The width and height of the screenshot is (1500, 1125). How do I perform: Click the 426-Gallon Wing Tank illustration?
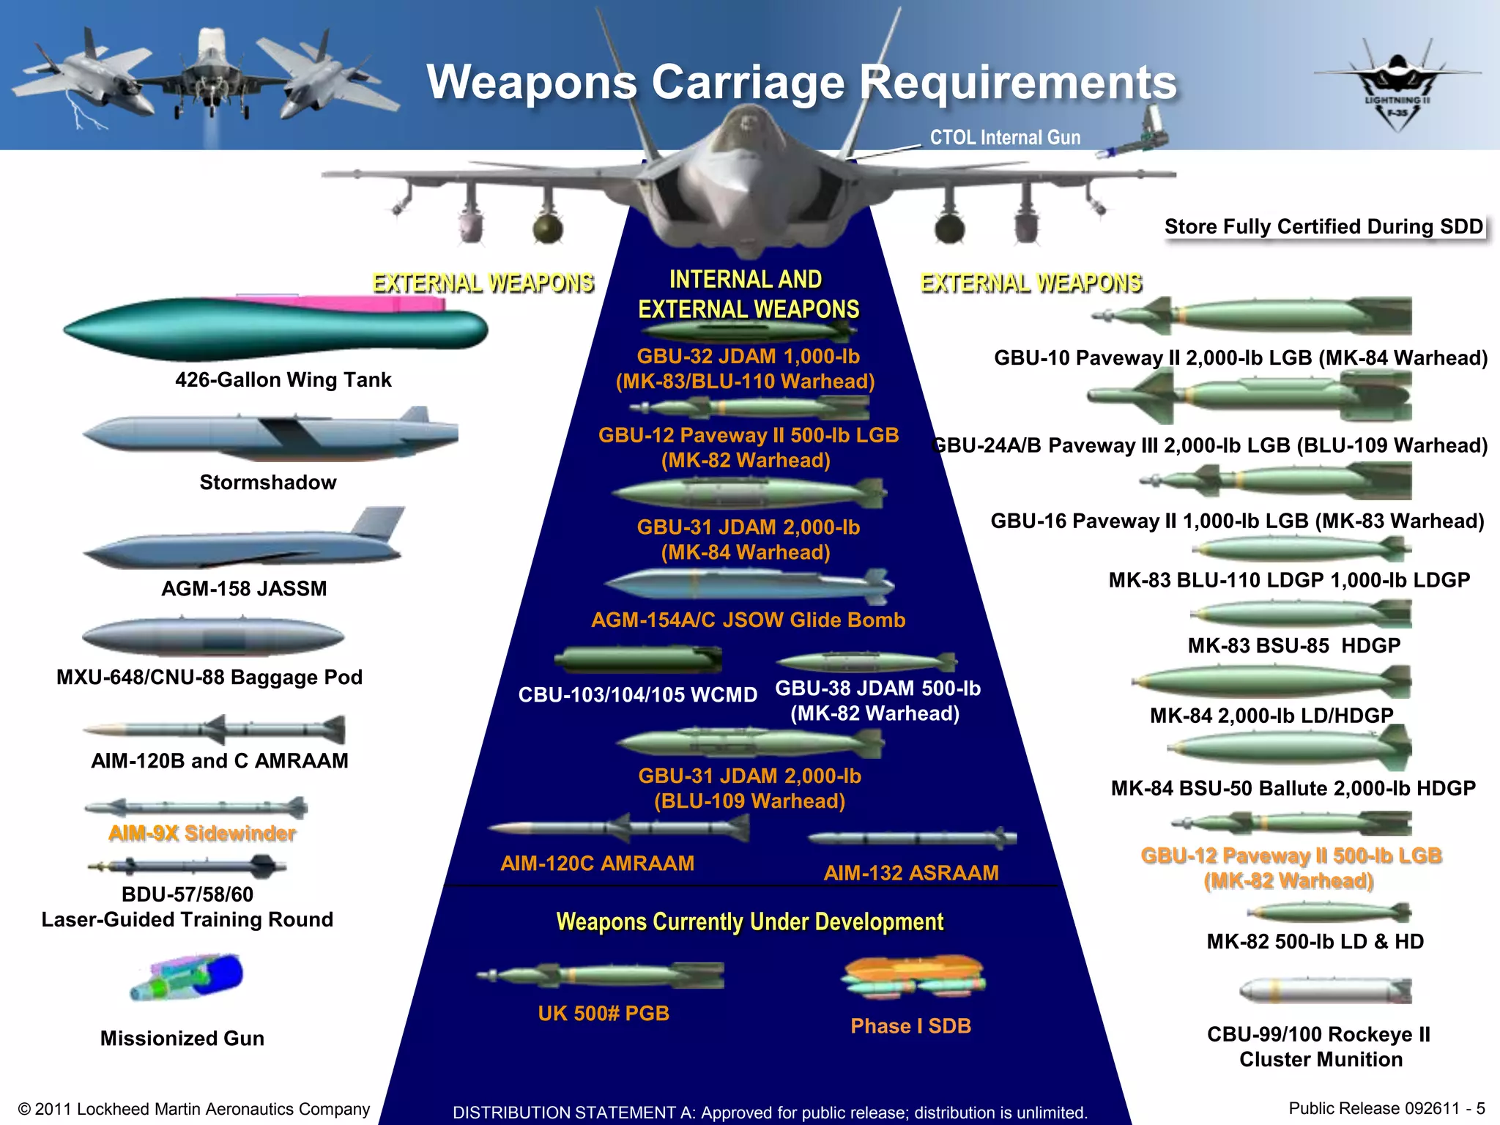point(275,328)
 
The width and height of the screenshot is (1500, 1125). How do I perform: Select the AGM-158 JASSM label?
point(244,589)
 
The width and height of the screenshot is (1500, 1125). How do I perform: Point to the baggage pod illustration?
point(212,637)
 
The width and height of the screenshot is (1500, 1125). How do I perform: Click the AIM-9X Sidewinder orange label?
point(202,833)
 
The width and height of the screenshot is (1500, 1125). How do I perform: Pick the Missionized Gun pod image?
point(187,977)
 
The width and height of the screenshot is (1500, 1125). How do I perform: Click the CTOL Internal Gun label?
point(1005,138)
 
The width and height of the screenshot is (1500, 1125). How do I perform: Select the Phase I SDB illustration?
point(914,977)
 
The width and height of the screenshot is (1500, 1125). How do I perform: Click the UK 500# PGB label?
point(604,1014)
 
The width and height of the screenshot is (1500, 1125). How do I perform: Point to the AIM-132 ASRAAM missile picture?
point(912,838)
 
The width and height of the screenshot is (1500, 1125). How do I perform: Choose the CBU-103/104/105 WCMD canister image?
point(637,659)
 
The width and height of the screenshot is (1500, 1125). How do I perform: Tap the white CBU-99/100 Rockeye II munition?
point(1324,991)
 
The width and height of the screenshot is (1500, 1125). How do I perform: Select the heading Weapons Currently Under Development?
point(750,921)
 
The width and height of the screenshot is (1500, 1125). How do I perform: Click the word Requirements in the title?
point(1017,82)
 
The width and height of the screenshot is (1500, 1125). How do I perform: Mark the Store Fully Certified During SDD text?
point(1323,227)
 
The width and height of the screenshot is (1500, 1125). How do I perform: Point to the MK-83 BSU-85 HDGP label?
point(1293,646)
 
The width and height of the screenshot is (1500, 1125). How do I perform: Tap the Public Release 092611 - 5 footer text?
point(1386,1108)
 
